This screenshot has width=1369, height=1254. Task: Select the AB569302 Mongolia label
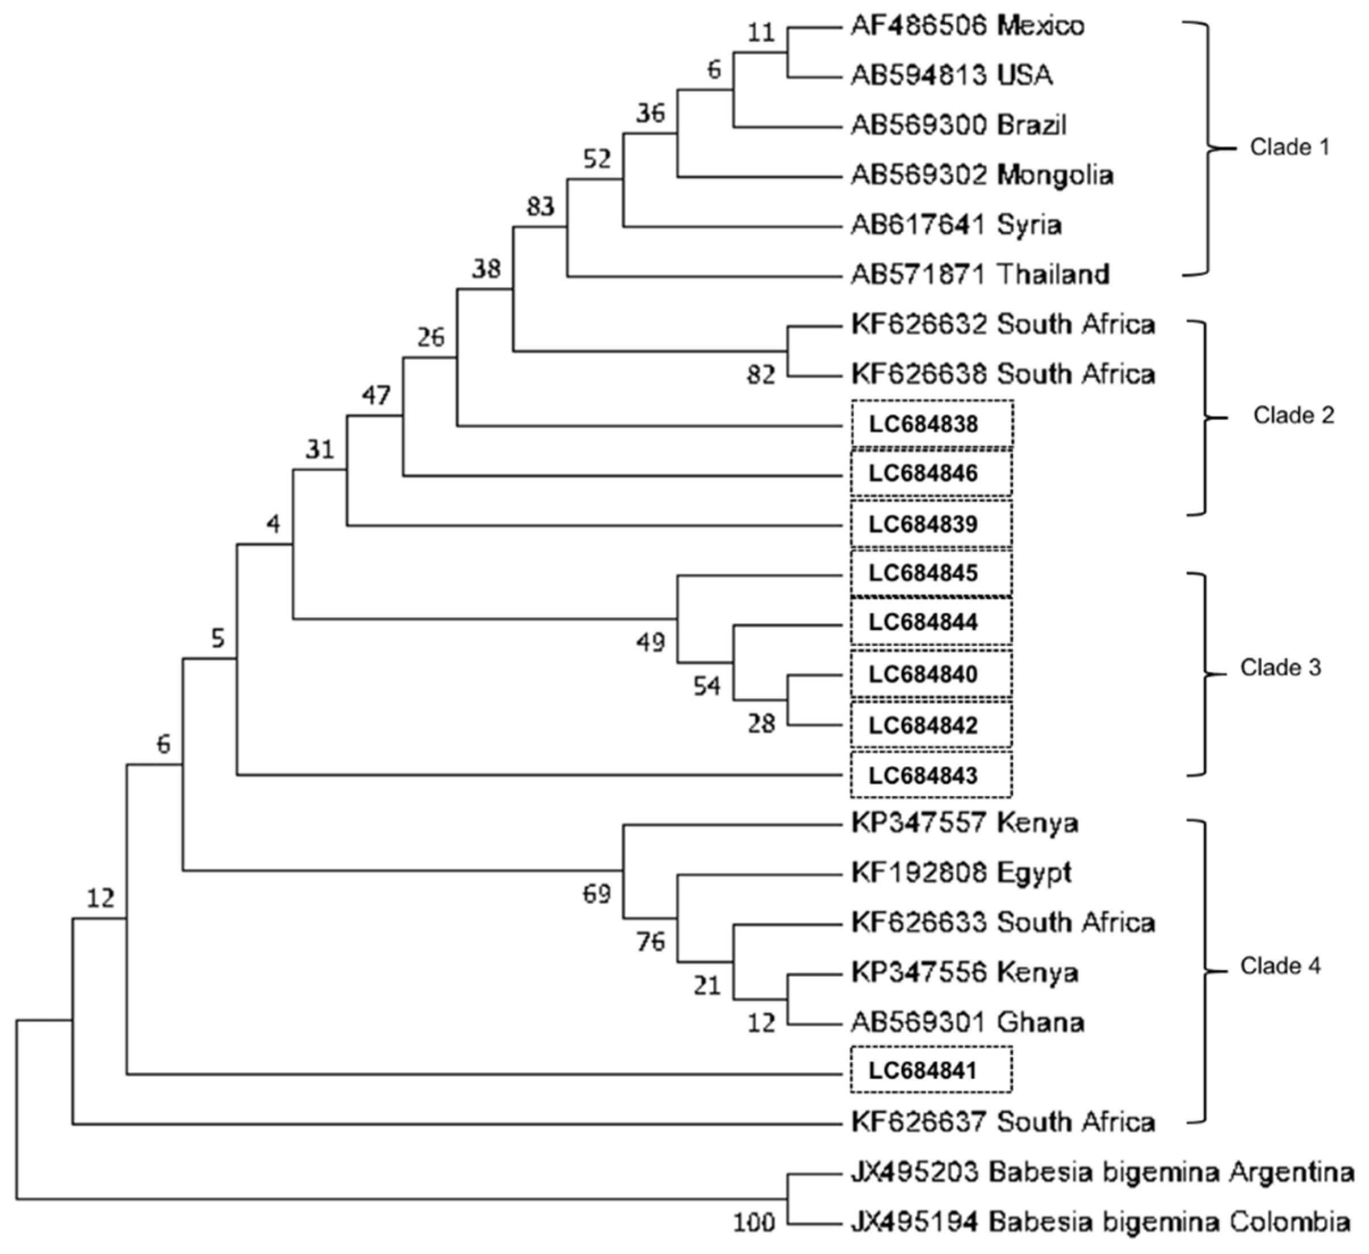pyautogui.click(x=982, y=176)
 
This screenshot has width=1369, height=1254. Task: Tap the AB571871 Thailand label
pyautogui.click(x=980, y=274)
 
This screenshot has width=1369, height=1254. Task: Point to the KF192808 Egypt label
pyautogui.click(x=961, y=873)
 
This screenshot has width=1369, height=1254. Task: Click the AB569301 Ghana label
pyautogui.click(x=968, y=1022)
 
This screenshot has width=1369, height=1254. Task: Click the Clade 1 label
pyautogui.click(x=1290, y=147)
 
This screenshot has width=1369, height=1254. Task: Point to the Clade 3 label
pyautogui.click(x=1281, y=668)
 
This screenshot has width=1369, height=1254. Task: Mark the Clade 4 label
pyautogui.click(x=1281, y=966)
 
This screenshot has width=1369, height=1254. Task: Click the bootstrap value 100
pyautogui.click(x=753, y=1223)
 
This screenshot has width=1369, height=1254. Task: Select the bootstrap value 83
pyautogui.click(x=541, y=206)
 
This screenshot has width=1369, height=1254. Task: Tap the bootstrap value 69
pyautogui.click(x=597, y=894)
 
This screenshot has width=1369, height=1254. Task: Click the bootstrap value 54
pyautogui.click(x=706, y=686)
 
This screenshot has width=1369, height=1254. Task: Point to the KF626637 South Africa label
pyautogui.click(x=1003, y=1122)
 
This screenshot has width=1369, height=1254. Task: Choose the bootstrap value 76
pyautogui.click(x=651, y=942)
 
